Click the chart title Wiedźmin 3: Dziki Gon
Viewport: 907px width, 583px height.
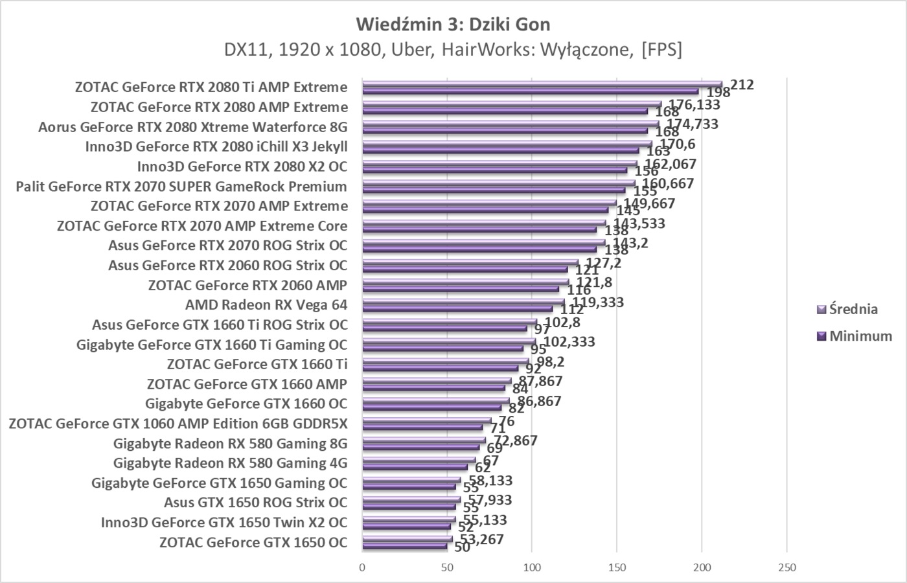[x=453, y=25]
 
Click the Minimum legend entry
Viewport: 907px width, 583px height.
[x=860, y=336]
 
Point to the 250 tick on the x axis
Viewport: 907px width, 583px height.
[x=786, y=568]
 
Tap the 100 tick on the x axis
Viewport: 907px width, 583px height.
[x=532, y=568]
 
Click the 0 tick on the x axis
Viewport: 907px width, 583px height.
[x=362, y=568]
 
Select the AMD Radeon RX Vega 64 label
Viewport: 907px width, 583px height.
[x=266, y=304]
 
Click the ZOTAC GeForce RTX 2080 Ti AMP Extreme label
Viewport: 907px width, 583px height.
[x=211, y=87]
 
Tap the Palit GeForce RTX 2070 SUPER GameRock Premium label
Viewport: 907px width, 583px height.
[x=181, y=187]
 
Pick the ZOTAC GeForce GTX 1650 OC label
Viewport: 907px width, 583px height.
[x=253, y=542]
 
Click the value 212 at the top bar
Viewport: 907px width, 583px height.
[x=742, y=84]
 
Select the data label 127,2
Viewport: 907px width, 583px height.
[x=603, y=262]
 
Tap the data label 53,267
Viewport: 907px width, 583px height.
[x=481, y=539]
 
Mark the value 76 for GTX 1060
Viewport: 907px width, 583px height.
[x=506, y=421]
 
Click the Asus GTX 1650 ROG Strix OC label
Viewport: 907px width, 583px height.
[x=255, y=503]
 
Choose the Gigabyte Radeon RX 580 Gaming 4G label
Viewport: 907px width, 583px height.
[x=230, y=463]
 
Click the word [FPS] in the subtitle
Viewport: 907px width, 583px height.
[x=661, y=50]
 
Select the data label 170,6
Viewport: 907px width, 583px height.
[x=677, y=144]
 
